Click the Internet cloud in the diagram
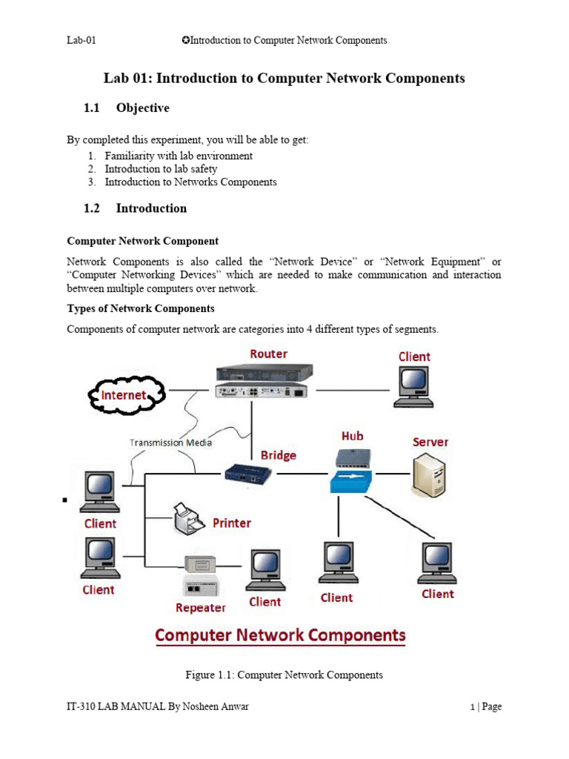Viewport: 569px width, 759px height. [x=124, y=396]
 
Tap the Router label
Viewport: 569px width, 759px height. [x=268, y=354]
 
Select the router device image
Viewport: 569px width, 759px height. [x=263, y=381]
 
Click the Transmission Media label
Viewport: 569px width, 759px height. [x=170, y=443]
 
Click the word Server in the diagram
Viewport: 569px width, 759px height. [x=430, y=442]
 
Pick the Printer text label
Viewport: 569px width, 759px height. [x=232, y=523]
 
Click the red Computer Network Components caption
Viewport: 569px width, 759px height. [x=280, y=635]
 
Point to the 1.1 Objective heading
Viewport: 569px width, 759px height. [x=127, y=108]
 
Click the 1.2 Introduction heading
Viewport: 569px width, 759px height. [x=136, y=208]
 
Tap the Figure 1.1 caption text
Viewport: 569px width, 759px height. [x=284, y=675]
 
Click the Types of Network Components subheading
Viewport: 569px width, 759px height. [x=141, y=308]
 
